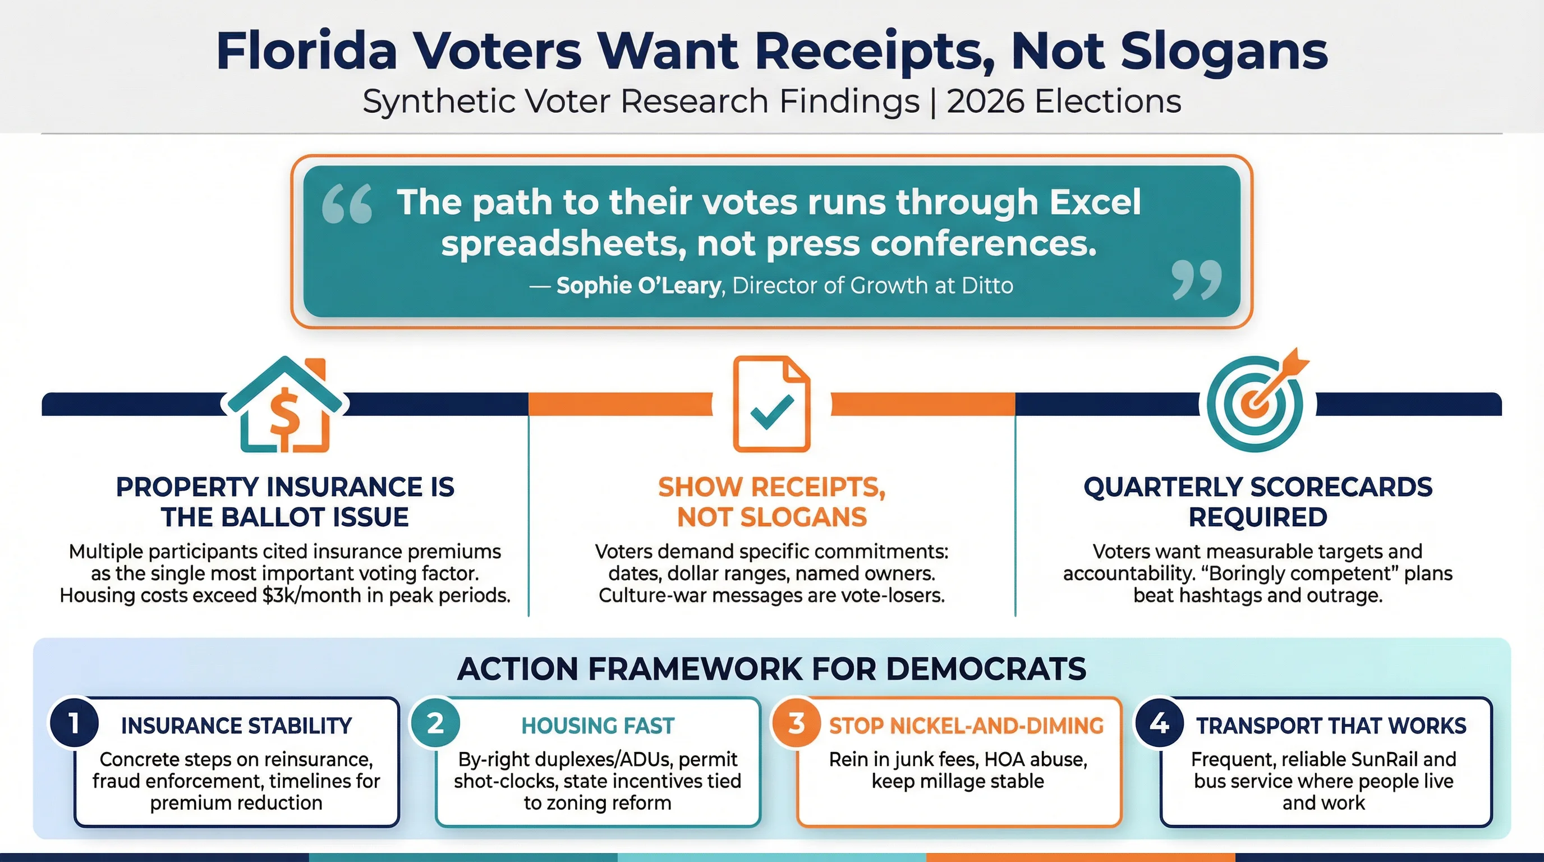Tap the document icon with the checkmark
click(x=771, y=404)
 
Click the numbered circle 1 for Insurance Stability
click(x=73, y=723)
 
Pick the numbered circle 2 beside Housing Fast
click(x=435, y=723)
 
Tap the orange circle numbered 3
click(x=796, y=723)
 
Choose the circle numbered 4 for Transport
click(x=1159, y=723)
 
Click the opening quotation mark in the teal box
click(x=347, y=204)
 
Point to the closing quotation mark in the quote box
click(x=1196, y=279)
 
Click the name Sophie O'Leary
click(x=638, y=286)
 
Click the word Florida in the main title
click(x=306, y=51)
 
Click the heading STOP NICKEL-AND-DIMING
click(x=966, y=726)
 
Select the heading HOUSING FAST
click(x=598, y=726)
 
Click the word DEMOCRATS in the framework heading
click(x=986, y=669)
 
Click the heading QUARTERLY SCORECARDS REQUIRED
click(x=1257, y=502)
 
